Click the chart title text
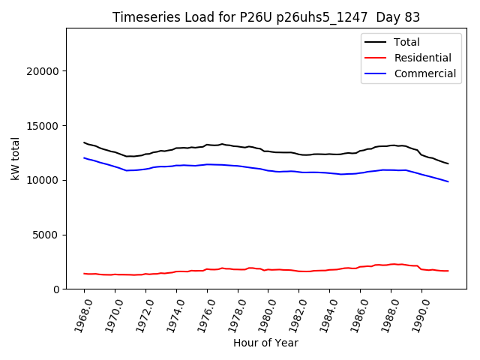click(x=266, y=17)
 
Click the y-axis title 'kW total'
click(x=15, y=158)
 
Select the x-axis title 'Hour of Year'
click(x=265, y=343)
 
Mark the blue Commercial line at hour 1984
click(x=330, y=173)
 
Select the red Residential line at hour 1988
click(x=391, y=264)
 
